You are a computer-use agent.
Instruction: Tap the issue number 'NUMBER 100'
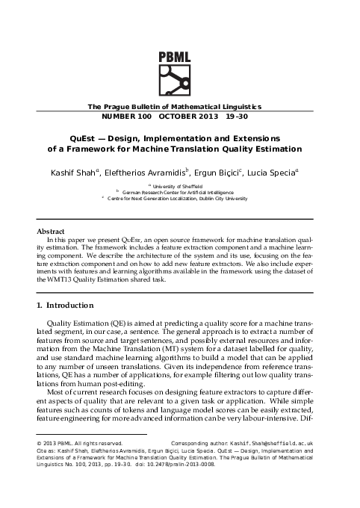(126, 117)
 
